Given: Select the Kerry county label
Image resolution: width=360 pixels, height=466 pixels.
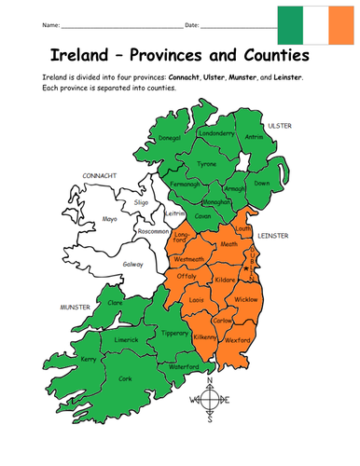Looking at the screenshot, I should tap(90, 359).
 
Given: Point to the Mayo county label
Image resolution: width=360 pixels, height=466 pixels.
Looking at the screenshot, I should tap(110, 220).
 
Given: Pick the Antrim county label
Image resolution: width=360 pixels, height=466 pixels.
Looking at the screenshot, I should tap(255, 139).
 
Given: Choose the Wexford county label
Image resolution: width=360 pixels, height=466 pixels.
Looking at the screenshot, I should tap(237, 340).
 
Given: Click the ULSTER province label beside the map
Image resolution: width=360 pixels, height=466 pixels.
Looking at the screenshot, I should tap(280, 124).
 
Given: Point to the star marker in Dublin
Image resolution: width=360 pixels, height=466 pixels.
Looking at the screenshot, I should tap(245, 267).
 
